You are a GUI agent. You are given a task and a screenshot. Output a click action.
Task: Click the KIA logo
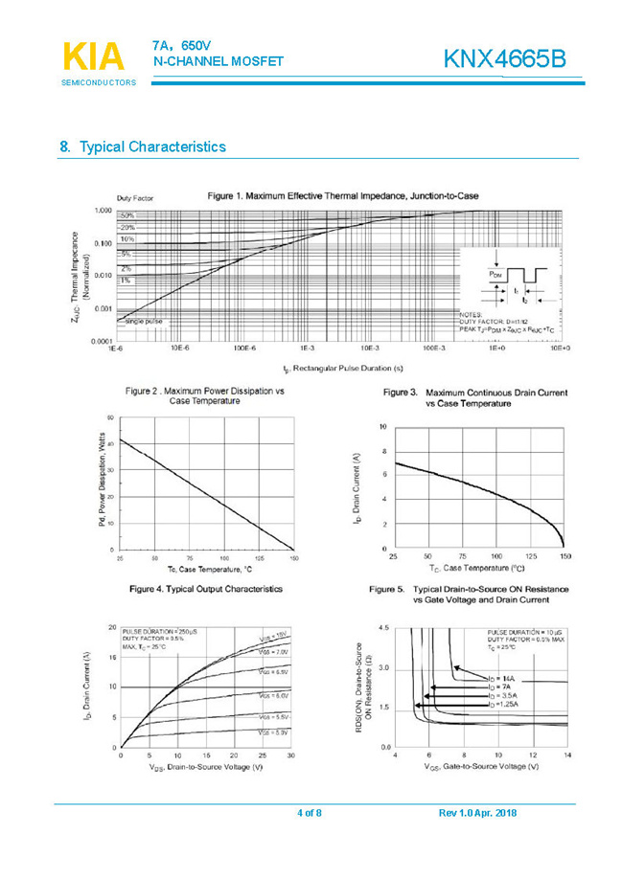click(93, 57)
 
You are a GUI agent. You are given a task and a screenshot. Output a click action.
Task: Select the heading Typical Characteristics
click(152, 146)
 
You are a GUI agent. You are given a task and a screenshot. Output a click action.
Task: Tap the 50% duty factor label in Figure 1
click(127, 216)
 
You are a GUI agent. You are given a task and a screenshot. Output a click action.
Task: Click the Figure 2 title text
click(206, 395)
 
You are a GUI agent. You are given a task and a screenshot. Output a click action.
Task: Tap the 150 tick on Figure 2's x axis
click(292, 557)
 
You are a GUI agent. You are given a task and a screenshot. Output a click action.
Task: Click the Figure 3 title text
click(475, 397)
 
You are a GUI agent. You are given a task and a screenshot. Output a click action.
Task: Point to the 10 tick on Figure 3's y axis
click(383, 425)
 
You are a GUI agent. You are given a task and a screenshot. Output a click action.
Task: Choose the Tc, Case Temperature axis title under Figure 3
click(476, 567)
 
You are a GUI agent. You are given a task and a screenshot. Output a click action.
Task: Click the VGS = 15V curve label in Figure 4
click(272, 636)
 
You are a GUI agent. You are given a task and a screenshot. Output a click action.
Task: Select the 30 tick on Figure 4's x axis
click(290, 755)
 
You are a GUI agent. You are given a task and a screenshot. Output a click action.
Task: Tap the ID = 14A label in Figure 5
click(498, 678)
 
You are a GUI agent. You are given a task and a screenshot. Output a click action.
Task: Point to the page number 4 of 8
click(310, 813)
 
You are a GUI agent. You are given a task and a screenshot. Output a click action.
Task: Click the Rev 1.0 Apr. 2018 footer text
click(477, 813)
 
